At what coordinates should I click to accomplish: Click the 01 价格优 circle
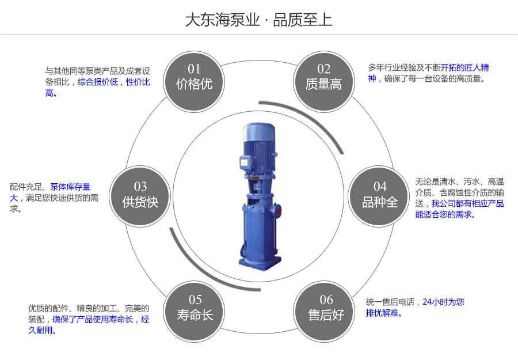[x=194, y=78]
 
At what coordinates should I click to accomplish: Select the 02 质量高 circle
[x=323, y=78]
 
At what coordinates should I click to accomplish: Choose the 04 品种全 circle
[x=380, y=195]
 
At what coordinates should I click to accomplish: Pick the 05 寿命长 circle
[x=195, y=308]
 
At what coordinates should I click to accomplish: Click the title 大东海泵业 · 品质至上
[x=258, y=20]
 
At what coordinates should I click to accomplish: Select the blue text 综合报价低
[x=98, y=82]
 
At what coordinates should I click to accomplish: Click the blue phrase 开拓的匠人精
[x=465, y=67]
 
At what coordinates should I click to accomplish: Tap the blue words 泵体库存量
[x=70, y=187]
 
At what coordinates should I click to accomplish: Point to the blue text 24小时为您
[x=443, y=301]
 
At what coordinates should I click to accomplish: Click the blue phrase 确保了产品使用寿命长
[x=93, y=319]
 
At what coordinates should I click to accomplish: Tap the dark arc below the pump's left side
[x=193, y=262]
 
